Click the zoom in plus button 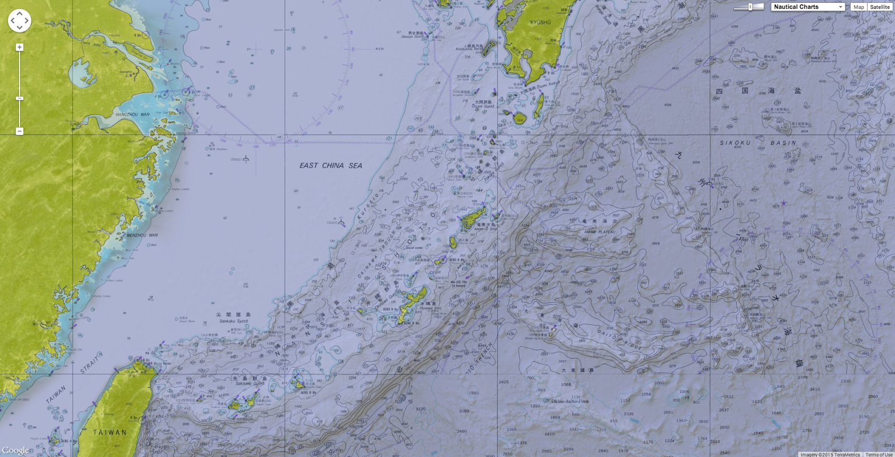(20, 48)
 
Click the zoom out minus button (20, 131)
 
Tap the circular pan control (20, 21)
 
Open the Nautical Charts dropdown (808, 7)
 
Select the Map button (859, 7)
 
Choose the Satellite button (880, 7)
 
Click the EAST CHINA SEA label (331, 166)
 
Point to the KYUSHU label (540, 22)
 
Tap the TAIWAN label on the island (110, 432)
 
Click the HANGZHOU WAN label (133, 115)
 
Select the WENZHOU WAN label (142, 235)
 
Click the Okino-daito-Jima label (570, 401)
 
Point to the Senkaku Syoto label (234, 321)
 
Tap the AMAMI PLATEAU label (599, 232)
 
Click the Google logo (15, 450)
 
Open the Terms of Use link (879, 454)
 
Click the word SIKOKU (735, 143)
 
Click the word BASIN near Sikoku (783, 143)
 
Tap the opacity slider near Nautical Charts (750, 7)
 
